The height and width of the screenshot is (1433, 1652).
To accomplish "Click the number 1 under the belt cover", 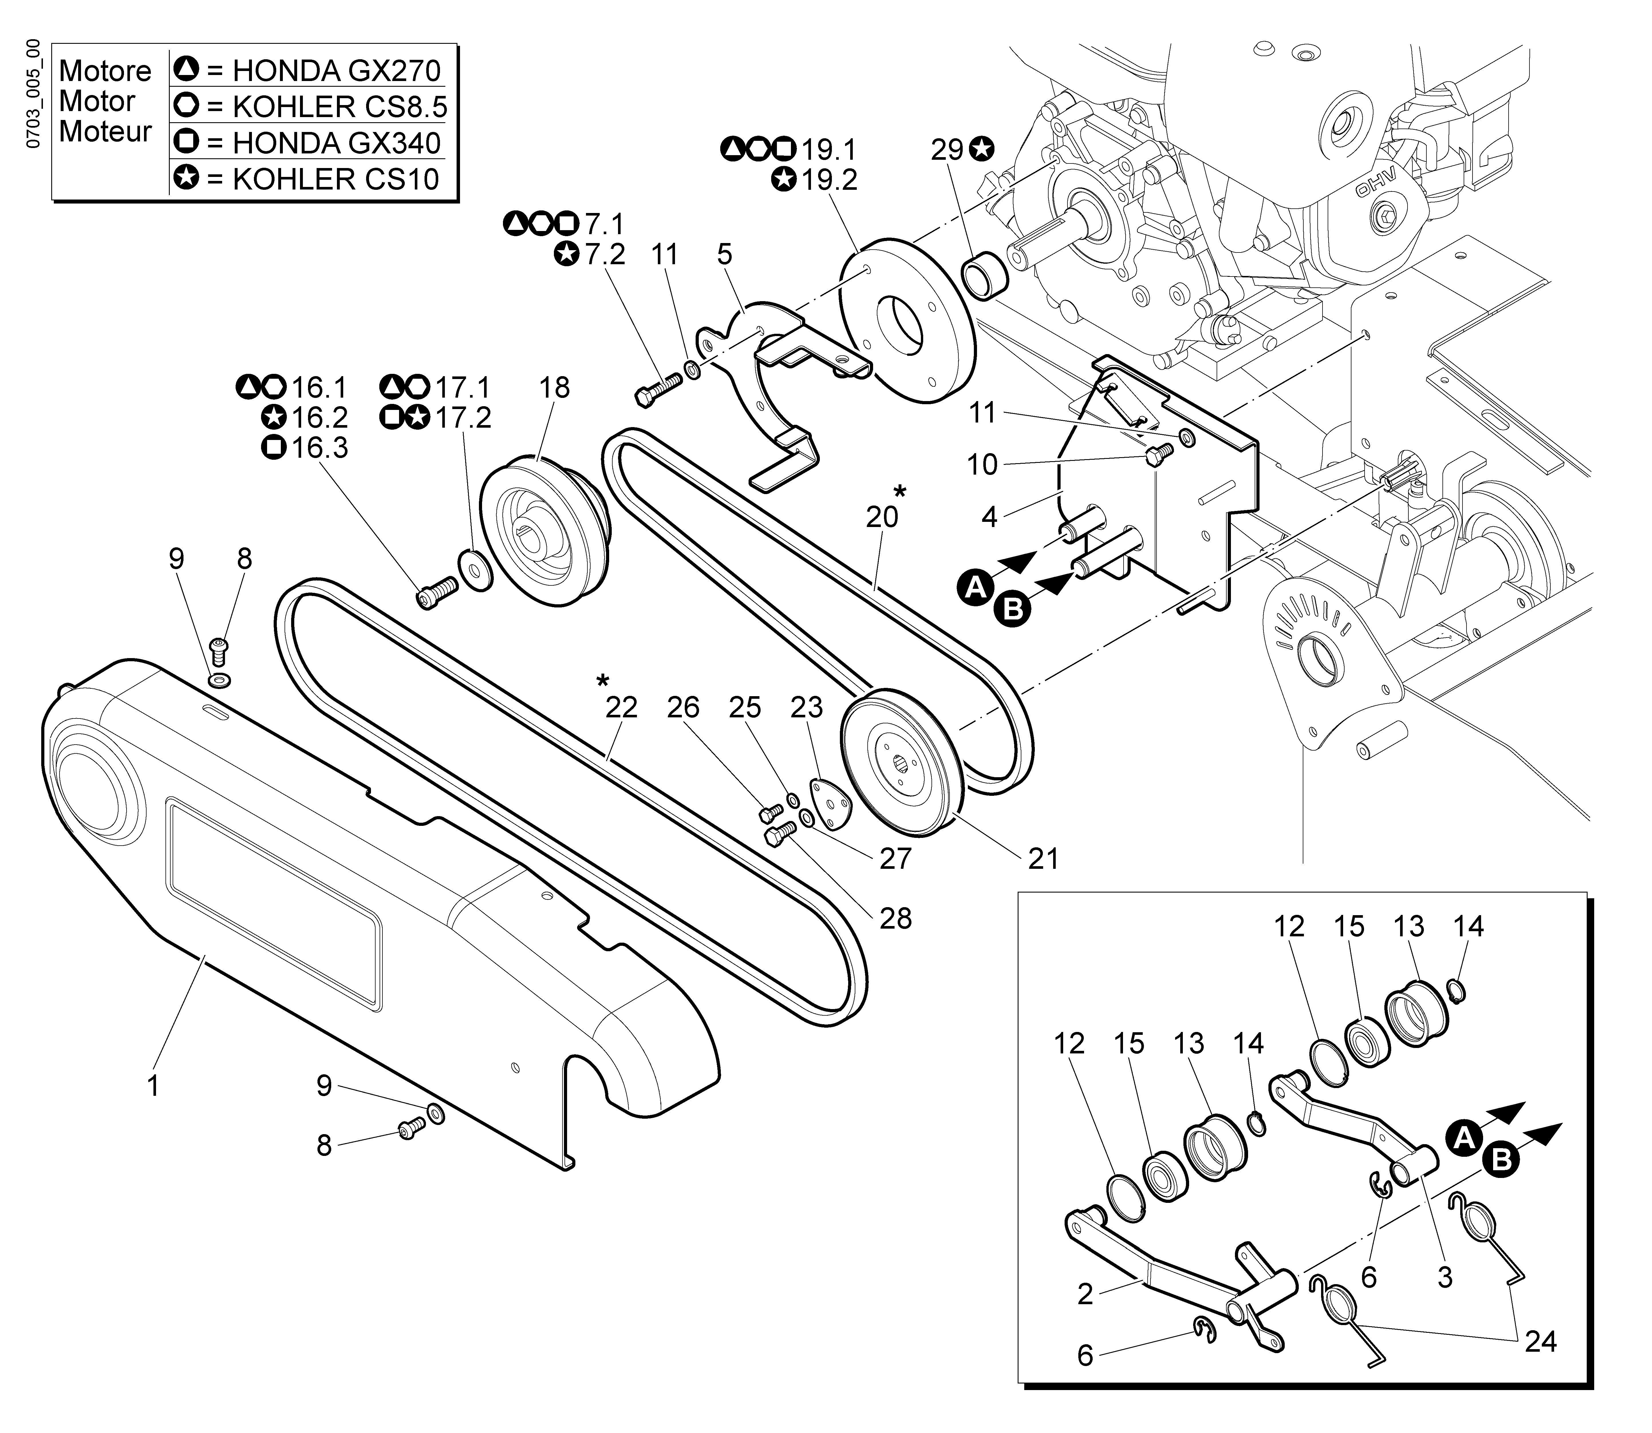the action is point(153,1086).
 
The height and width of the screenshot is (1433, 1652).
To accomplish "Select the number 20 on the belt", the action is point(882,517).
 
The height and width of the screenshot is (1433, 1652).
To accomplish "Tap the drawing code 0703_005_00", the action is point(32,94).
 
